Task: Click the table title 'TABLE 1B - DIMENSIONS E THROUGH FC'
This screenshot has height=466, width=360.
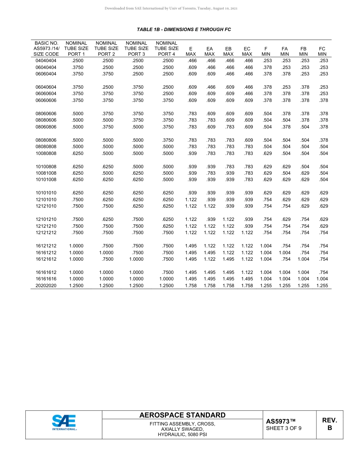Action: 184,30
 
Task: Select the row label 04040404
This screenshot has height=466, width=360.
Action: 46,61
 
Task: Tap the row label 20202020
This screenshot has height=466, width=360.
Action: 46,286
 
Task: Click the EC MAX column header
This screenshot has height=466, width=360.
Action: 247,52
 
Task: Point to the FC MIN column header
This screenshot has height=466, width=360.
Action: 322,52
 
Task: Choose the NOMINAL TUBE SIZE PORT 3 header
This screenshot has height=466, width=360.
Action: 136,49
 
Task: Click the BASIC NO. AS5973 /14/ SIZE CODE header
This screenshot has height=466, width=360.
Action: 46,49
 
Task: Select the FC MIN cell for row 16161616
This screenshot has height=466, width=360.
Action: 322,279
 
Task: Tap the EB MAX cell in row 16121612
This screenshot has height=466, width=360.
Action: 229,259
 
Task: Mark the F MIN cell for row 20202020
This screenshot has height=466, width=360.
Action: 266,286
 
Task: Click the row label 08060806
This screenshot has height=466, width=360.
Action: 46,127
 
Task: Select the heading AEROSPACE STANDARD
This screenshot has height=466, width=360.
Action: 182,415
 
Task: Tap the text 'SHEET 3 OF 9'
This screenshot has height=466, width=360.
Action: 284,428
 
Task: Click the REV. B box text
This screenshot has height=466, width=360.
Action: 329,424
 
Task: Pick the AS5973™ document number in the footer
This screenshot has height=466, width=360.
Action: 280,421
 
